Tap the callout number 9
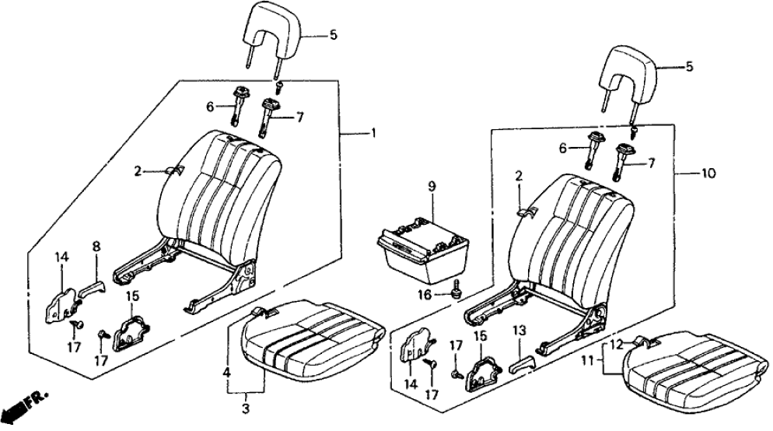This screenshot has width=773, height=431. (x=432, y=187)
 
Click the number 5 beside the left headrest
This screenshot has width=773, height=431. (x=334, y=34)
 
